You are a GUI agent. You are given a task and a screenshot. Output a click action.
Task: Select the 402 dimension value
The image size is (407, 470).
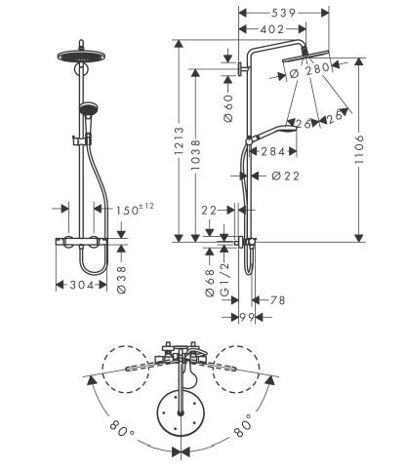click(275, 31)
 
